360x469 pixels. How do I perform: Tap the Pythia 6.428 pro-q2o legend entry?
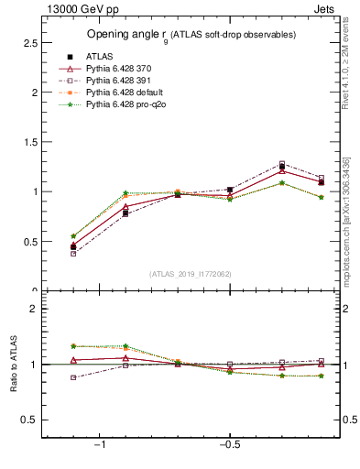tap(123, 104)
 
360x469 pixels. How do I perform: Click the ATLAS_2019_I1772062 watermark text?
tap(191, 274)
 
